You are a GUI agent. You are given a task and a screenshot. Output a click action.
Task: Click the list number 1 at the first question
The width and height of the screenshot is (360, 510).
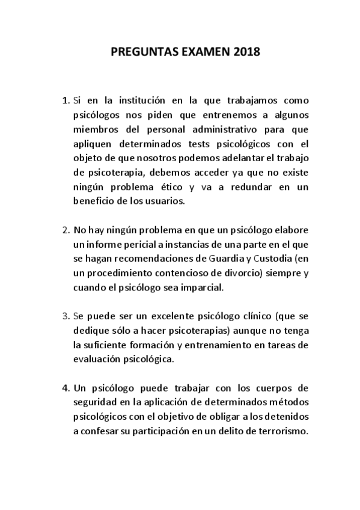(x=66, y=99)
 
